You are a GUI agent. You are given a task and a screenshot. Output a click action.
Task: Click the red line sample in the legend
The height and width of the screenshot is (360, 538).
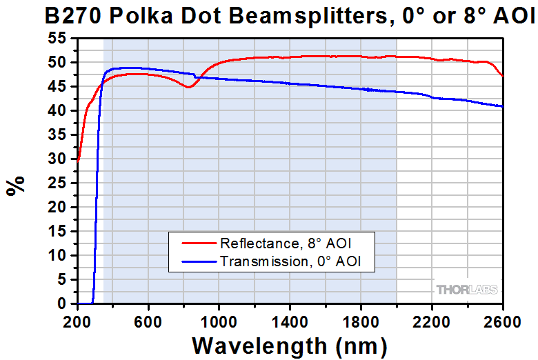(x=198, y=243)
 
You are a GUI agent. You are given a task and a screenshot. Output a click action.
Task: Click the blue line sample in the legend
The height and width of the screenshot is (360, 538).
(x=198, y=261)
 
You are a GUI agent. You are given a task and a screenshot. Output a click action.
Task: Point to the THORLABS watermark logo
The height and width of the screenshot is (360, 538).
(x=466, y=289)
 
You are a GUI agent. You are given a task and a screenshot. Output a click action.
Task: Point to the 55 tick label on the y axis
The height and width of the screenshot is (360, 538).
(x=57, y=39)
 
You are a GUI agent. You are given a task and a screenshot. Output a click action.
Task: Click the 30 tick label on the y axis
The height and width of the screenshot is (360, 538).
(x=57, y=159)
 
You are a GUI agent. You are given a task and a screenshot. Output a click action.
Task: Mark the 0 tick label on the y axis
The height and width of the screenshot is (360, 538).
(x=61, y=304)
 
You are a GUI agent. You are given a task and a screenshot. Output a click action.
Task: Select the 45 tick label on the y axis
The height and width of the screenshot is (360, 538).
(x=57, y=87)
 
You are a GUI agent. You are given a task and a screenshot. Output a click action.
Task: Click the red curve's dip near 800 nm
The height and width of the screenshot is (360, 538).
(x=188, y=88)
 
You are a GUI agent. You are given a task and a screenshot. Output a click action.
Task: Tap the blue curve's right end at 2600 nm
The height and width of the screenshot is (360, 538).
(x=502, y=106)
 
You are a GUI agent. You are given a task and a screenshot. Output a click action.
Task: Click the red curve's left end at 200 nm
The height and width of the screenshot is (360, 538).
(x=79, y=161)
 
